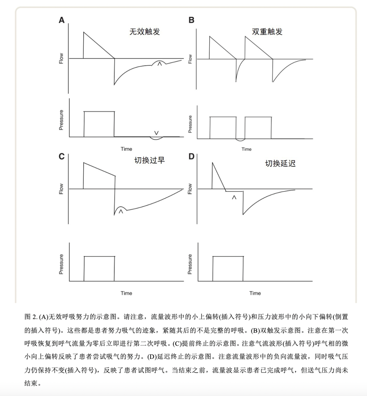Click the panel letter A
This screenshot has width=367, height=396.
(62, 20)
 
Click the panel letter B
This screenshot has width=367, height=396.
(191, 20)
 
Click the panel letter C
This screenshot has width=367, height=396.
(62, 157)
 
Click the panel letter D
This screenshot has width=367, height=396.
(191, 157)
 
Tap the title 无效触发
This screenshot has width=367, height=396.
(144, 32)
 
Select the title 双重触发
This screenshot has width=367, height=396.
(267, 32)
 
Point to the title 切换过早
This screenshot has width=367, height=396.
(150, 160)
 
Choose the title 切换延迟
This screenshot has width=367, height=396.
(280, 163)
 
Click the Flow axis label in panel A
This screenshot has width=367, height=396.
(61, 58)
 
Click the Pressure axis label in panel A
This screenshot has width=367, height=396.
(61, 120)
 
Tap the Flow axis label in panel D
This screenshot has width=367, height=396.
(190, 189)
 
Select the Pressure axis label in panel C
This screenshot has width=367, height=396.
(61, 264)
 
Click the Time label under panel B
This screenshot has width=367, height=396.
(246, 149)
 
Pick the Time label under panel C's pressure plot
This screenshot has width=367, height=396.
(126, 293)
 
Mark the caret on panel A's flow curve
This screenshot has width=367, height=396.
(159, 64)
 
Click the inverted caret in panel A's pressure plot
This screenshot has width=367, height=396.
(156, 133)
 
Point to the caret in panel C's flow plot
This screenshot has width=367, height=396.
(120, 212)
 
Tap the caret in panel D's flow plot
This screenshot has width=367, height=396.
(234, 197)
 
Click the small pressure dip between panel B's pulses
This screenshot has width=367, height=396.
(240, 140)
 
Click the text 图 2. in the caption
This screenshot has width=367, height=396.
(31, 317)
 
